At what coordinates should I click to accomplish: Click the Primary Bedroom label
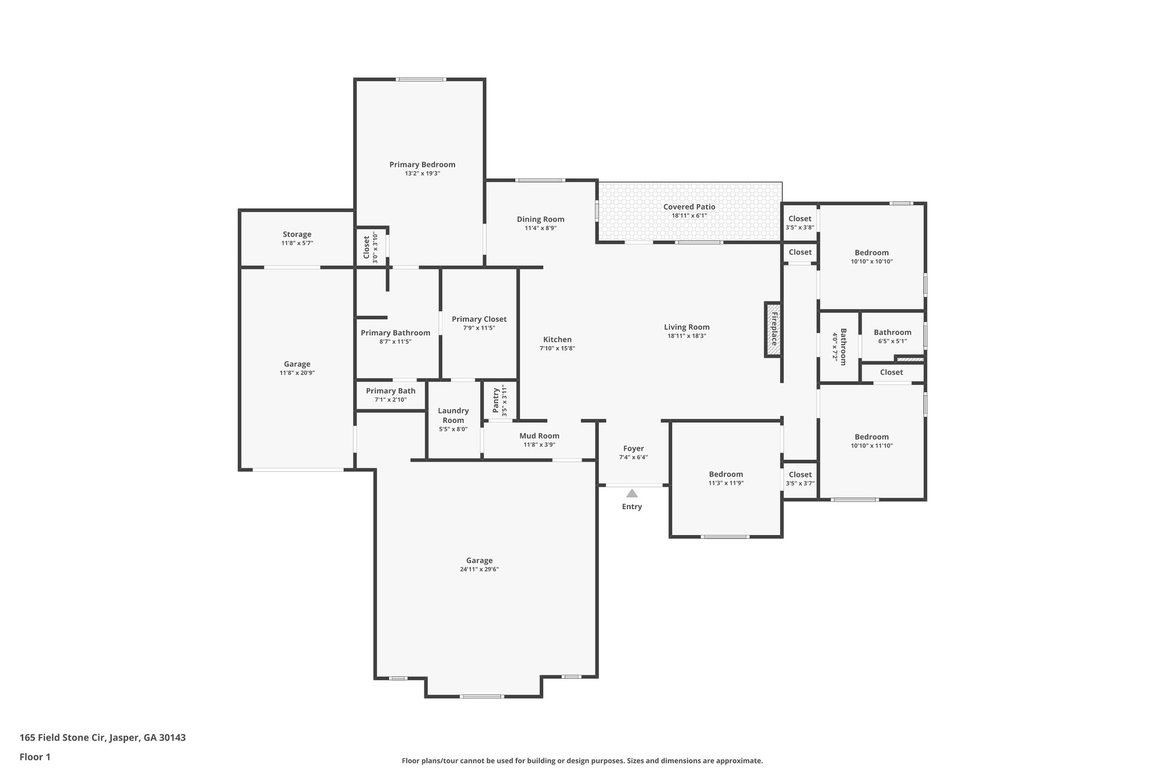pyautogui.click(x=422, y=165)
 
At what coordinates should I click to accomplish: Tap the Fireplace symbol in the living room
pyautogui.click(x=773, y=330)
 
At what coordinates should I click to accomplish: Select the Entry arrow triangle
pyautogui.click(x=632, y=493)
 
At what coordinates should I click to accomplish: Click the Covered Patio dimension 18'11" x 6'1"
pyautogui.click(x=689, y=216)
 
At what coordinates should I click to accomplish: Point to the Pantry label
pyautogui.click(x=496, y=400)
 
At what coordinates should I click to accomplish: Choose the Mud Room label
pyautogui.click(x=539, y=436)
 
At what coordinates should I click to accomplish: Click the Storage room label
pyautogui.click(x=297, y=234)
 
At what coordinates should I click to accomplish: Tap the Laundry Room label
pyautogui.click(x=453, y=416)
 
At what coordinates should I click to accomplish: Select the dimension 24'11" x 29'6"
pyautogui.click(x=480, y=570)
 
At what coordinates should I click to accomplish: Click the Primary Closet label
pyautogui.click(x=479, y=319)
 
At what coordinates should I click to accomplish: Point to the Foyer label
pyautogui.click(x=633, y=449)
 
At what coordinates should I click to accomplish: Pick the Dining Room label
pyautogui.click(x=540, y=219)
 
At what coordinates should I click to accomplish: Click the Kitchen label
pyautogui.click(x=557, y=339)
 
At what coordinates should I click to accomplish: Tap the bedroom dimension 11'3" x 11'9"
pyautogui.click(x=726, y=483)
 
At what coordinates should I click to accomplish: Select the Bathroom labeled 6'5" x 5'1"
pyautogui.click(x=893, y=333)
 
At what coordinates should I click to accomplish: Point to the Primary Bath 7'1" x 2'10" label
pyautogui.click(x=390, y=391)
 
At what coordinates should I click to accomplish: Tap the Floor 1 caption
pyautogui.click(x=35, y=757)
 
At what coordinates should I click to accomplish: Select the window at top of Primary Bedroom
pyautogui.click(x=421, y=80)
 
